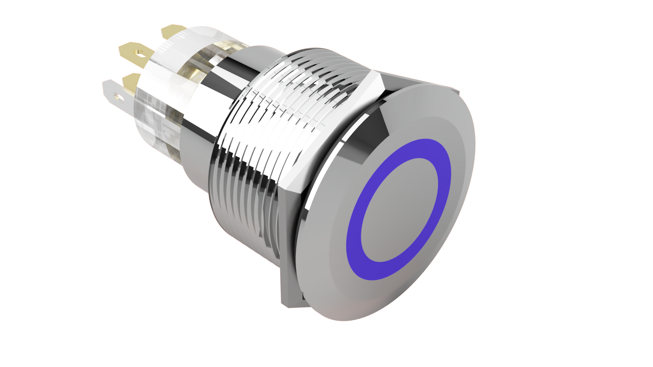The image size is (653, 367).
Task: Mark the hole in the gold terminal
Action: pyautogui.click(x=139, y=53)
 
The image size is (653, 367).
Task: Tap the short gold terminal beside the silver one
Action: pyautogui.click(x=131, y=82)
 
